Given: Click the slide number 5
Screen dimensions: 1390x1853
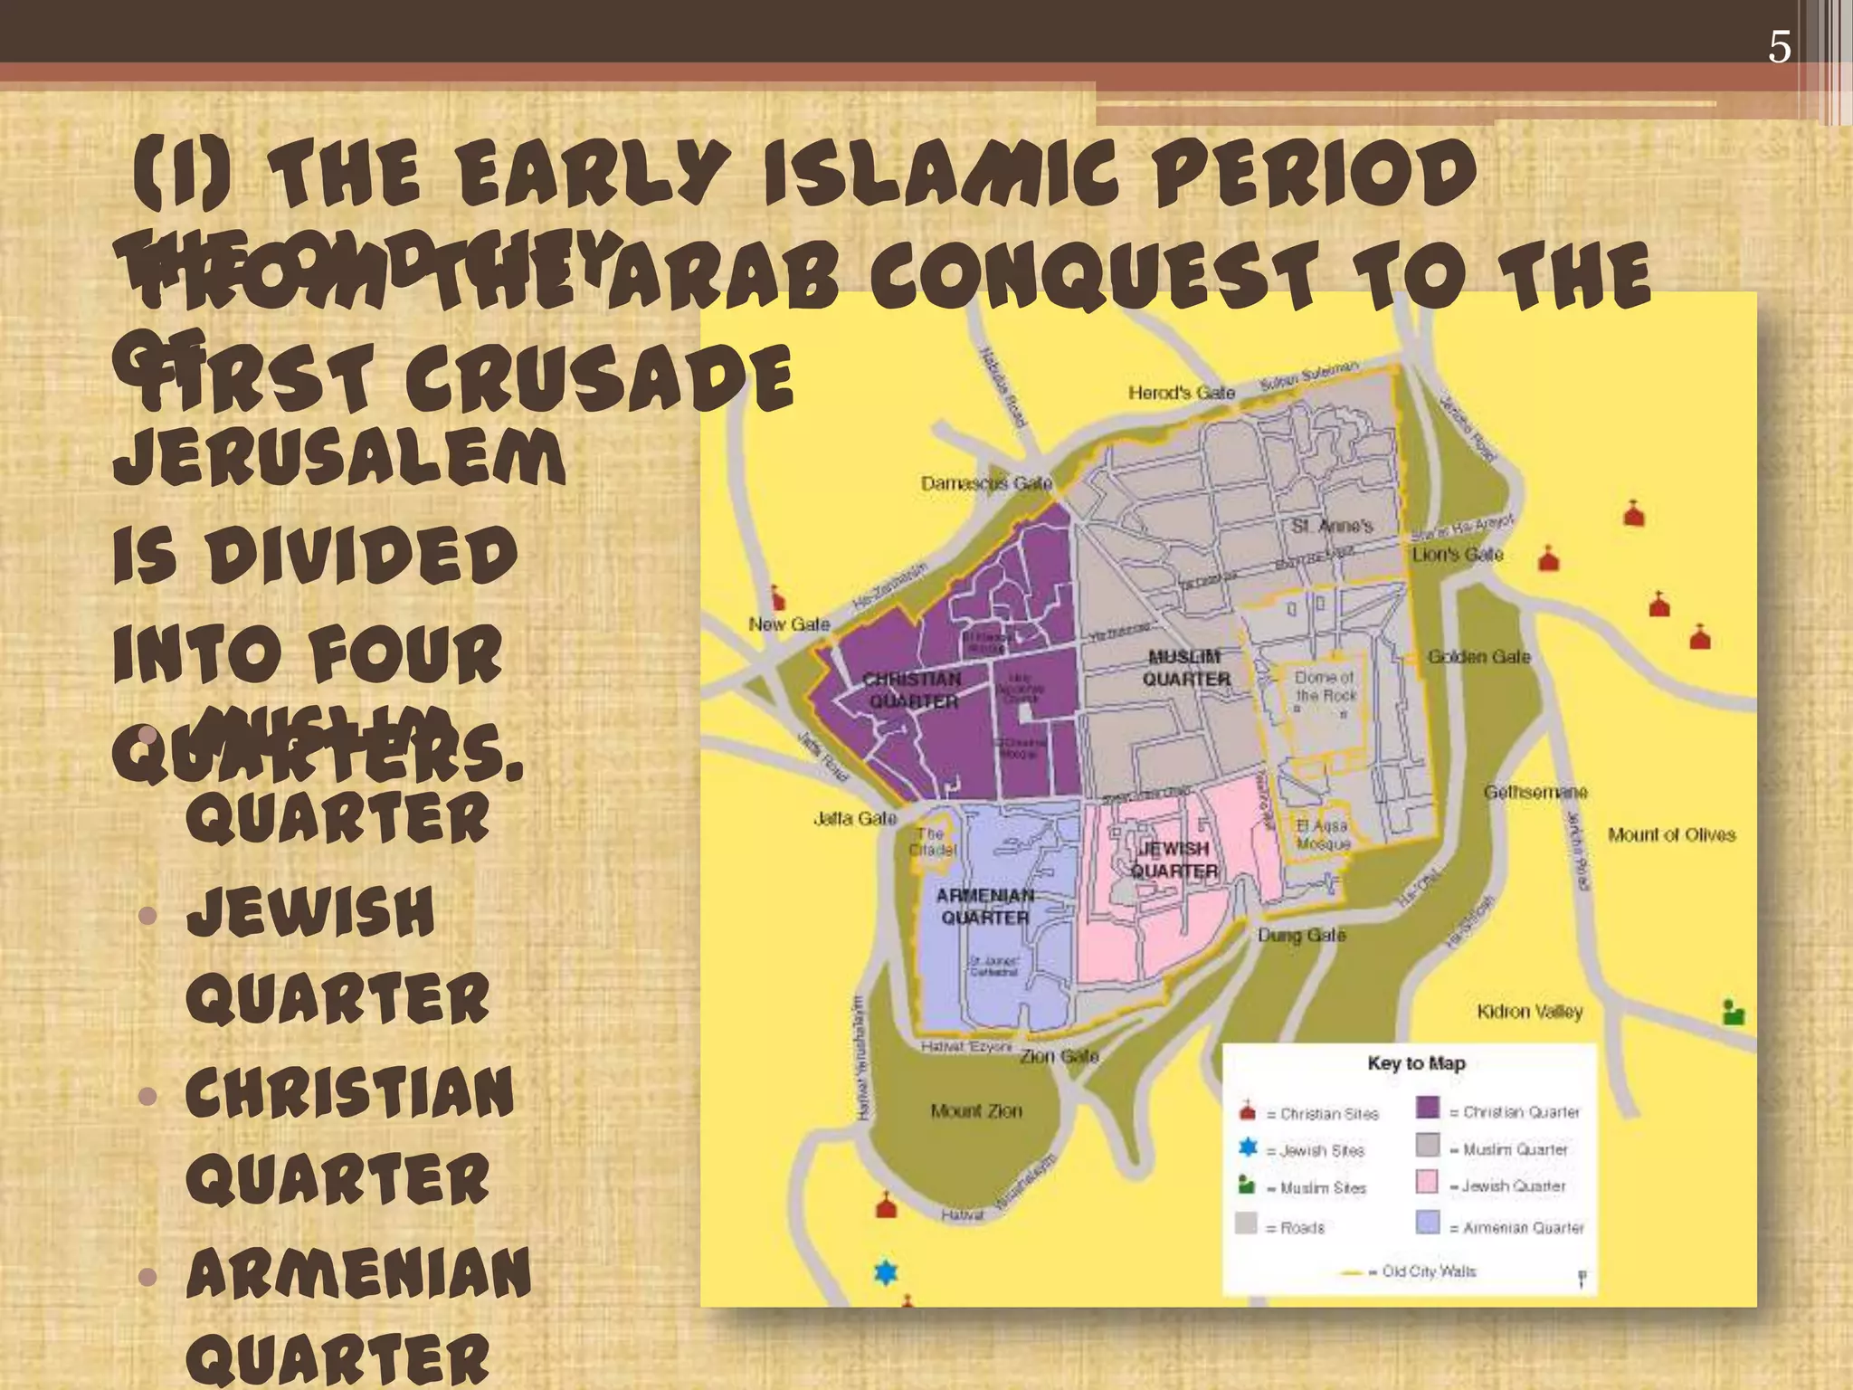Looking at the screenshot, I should tap(1779, 47).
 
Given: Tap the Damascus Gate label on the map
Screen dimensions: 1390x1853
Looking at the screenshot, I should tap(986, 483).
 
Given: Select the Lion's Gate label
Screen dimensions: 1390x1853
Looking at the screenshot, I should tap(1458, 554).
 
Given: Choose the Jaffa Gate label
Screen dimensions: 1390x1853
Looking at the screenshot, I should tap(855, 818).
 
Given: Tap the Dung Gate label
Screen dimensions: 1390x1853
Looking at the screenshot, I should tap(1302, 935).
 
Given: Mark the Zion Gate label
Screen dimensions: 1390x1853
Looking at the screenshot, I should tap(1060, 1056).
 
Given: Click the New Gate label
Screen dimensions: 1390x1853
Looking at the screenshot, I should tap(789, 624).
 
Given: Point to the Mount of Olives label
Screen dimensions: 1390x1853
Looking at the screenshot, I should tap(1672, 834).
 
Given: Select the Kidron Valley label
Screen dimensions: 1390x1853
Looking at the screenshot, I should tap(1530, 1011).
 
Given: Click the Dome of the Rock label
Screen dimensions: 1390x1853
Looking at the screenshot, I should tap(1326, 686).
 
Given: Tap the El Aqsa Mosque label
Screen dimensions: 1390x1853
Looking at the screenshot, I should tap(1323, 834).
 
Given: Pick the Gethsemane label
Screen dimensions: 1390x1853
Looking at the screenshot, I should tap(1535, 792).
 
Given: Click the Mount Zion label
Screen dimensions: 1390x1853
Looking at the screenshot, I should tap(976, 1109).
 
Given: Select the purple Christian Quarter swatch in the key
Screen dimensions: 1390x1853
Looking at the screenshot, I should tap(1428, 1108).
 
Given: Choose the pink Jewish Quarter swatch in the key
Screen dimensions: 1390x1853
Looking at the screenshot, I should tap(1428, 1182).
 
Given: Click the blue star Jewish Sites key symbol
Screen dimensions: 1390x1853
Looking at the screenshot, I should tap(1248, 1148).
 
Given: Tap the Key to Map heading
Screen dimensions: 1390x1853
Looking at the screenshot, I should tap(1416, 1063).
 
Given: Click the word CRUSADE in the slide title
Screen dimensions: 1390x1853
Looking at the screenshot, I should tap(599, 378).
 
